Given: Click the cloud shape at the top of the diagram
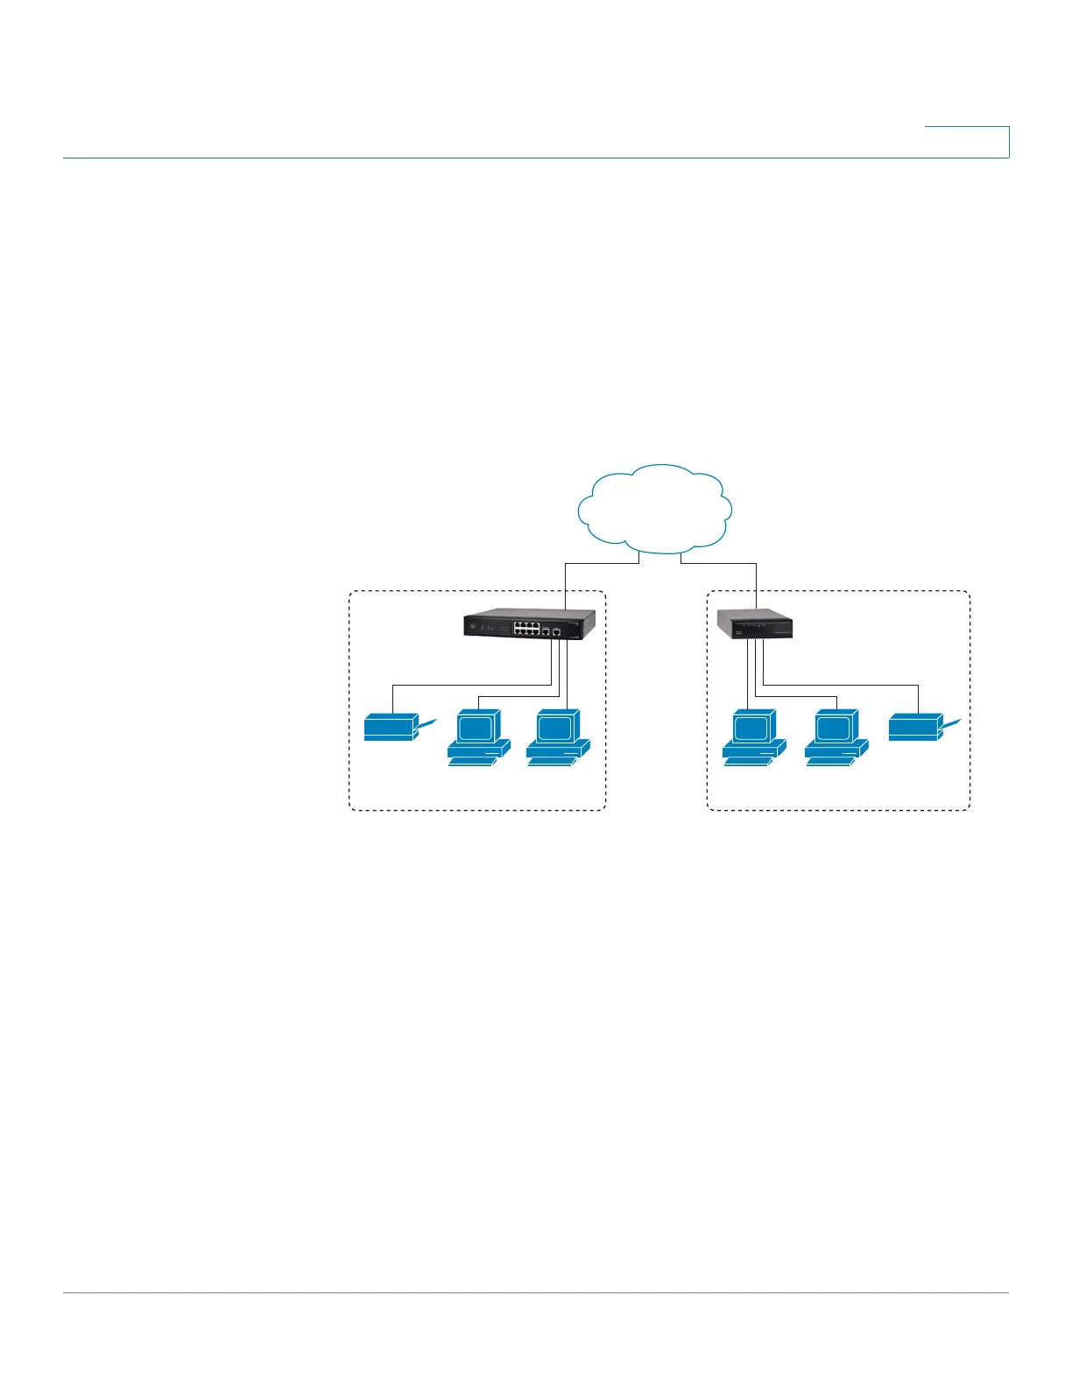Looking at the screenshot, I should click(x=655, y=510).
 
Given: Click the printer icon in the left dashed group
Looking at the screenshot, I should click(x=391, y=728).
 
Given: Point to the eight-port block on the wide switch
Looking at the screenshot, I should click(x=526, y=629).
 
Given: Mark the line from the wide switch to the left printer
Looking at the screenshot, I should click(x=464, y=685).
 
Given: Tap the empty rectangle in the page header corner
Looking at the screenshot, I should click(x=967, y=142).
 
